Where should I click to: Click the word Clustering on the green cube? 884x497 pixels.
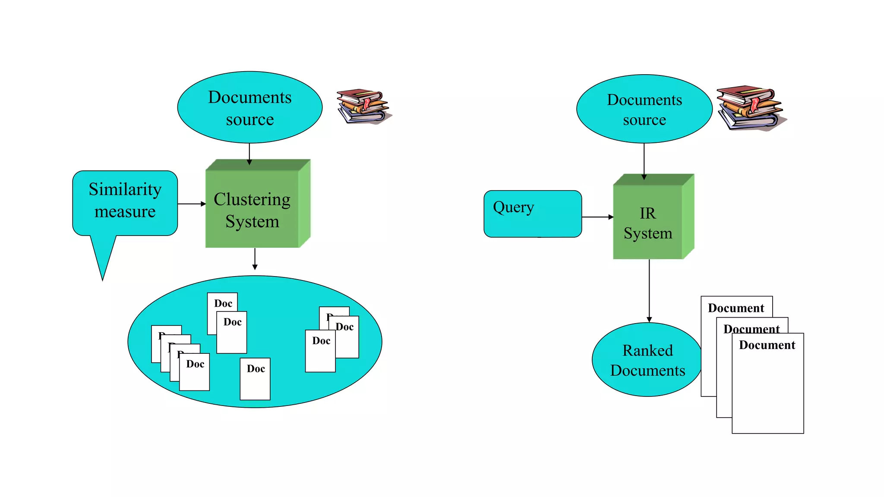[252, 199]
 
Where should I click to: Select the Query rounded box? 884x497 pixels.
[533, 214]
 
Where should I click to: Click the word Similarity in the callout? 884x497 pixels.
[125, 189]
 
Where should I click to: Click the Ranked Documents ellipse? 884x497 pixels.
[647, 360]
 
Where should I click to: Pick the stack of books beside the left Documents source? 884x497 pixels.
[363, 107]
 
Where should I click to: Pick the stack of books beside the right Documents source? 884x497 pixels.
[750, 108]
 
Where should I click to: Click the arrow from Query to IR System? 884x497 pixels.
[597, 217]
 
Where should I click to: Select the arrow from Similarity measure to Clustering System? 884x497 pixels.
[191, 204]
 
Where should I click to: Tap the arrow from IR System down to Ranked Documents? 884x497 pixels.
[649, 291]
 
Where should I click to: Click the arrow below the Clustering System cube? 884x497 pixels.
[255, 259]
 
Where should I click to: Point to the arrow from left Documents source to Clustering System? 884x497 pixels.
[249, 154]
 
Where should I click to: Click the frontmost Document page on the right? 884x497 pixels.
[767, 388]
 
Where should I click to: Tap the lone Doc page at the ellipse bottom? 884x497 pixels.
[255, 380]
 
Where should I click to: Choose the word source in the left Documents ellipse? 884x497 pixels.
[250, 120]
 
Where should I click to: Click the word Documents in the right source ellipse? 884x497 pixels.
[644, 100]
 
